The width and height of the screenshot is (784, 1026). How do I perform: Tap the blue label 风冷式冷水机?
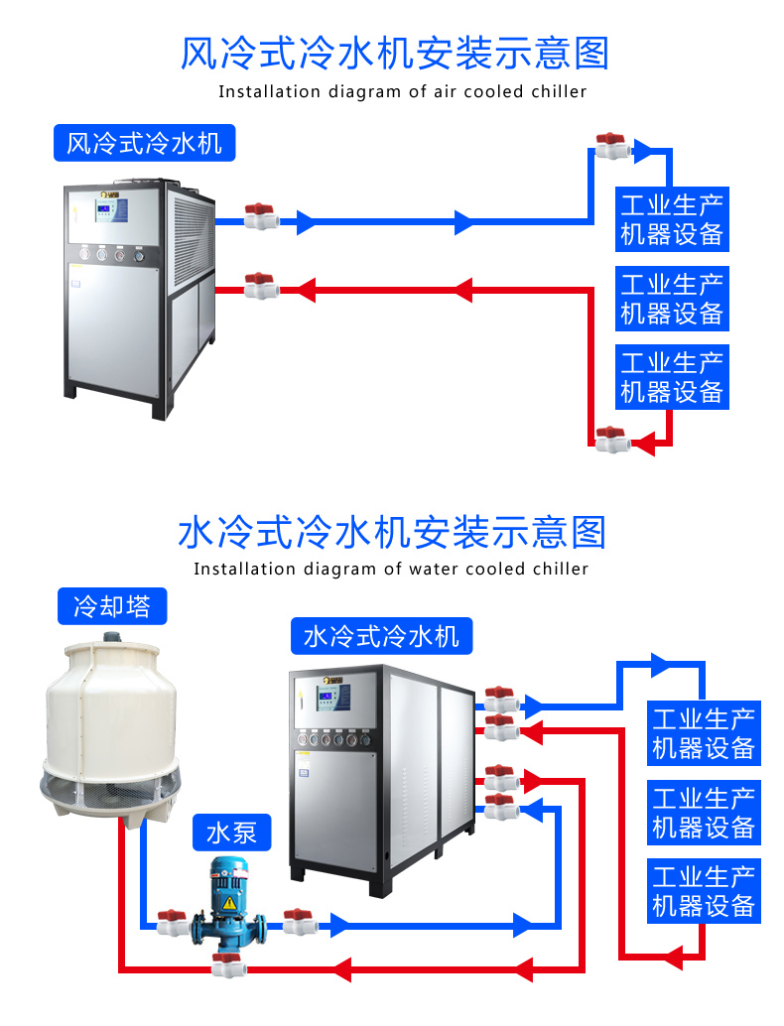144,144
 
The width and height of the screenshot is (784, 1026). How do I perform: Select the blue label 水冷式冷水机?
381,635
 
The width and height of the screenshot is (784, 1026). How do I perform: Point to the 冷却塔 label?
112,606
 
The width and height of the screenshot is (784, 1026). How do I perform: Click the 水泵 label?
231,833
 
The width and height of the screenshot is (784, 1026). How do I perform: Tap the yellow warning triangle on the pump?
229,903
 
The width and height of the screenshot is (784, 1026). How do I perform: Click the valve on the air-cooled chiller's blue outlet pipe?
260,216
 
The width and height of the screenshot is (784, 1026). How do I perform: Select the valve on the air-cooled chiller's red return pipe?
260,286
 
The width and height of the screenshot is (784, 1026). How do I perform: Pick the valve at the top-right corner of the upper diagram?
610,147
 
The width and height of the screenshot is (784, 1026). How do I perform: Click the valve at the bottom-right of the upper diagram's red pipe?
610,438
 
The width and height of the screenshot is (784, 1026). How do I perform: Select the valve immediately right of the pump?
298,922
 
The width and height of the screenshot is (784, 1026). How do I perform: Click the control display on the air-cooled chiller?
111,211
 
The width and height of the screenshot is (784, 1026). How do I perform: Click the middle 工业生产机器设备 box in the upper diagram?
672,298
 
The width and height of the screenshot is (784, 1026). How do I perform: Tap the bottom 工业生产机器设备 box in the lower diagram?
704,891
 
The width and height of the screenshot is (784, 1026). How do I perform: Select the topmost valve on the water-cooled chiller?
500,699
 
